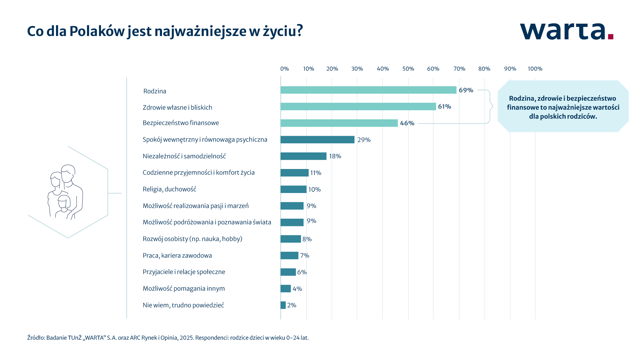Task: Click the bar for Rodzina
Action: click(x=368, y=90)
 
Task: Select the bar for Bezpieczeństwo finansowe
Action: click(x=339, y=123)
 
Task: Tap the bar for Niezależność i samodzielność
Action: click(x=303, y=156)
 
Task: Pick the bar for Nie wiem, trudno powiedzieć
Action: click(x=283, y=305)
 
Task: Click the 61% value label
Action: click(x=444, y=107)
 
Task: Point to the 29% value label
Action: click(x=364, y=140)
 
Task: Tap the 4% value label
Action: click(x=297, y=289)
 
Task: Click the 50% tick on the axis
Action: click(x=408, y=69)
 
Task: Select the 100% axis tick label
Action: click(x=535, y=69)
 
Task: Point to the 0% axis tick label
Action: click(x=284, y=69)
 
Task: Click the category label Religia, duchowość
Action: click(x=169, y=189)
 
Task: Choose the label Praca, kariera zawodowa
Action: click(x=177, y=256)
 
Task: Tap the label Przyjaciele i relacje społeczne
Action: click(x=184, y=272)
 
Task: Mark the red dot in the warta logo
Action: click(x=610, y=37)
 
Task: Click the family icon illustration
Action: click(x=65, y=192)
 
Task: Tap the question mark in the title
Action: click(x=299, y=31)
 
